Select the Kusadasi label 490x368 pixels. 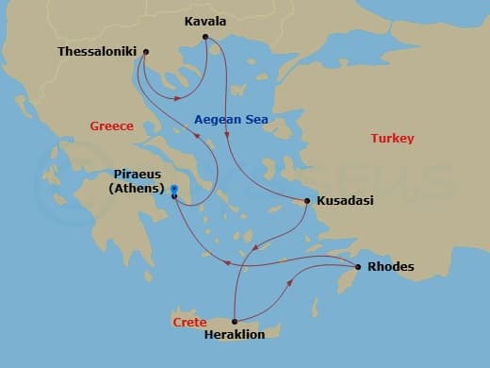(x=344, y=202)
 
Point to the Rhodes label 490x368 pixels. (x=390, y=267)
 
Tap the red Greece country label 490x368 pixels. (x=111, y=125)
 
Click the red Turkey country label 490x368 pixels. (x=392, y=138)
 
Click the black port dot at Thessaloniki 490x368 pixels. (x=145, y=52)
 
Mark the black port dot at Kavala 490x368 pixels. (x=205, y=38)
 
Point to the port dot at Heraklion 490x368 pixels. (x=233, y=322)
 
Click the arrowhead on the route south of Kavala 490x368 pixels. (x=228, y=139)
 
